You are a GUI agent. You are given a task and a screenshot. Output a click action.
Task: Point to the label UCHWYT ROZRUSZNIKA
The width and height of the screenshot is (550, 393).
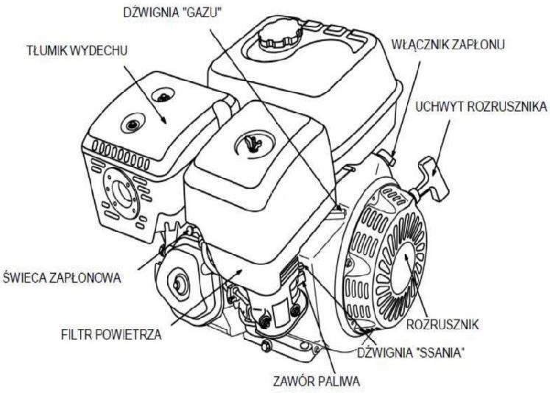482,107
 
